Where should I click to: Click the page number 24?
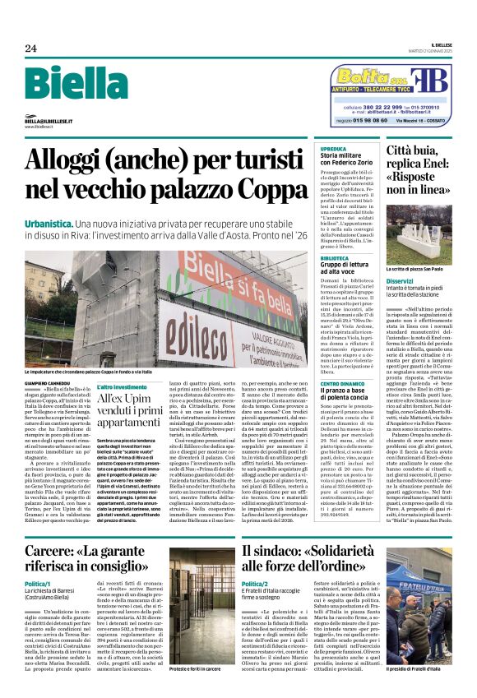[x=30, y=49]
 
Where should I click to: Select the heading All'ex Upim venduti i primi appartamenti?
[x=132, y=412]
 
